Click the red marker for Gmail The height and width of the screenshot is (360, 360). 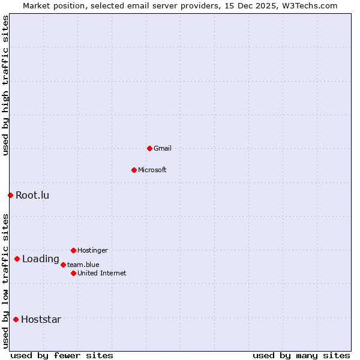click(149, 148)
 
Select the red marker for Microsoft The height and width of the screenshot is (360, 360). click(134, 170)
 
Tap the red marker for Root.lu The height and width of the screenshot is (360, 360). click(10, 195)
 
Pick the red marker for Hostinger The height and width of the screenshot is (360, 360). click(73, 250)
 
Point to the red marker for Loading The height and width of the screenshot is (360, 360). click(17, 259)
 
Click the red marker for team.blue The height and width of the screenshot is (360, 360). click(63, 265)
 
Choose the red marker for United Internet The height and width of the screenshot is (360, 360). click(73, 273)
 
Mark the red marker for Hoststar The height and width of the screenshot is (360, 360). click(16, 319)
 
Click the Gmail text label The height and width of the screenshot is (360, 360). click(163, 148)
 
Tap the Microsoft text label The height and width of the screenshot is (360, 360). click(152, 170)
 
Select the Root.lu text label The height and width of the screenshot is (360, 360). click(32, 195)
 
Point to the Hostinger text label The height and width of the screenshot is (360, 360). click(92, 250)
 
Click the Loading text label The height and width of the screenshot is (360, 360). click(41, 259)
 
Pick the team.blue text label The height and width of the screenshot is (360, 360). click(83, 265)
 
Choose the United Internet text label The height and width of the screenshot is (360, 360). click(102, 273)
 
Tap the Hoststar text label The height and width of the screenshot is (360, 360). click(41, 319)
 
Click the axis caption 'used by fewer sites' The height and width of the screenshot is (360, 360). click(62, 355)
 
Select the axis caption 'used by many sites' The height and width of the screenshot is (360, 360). click(301, 355)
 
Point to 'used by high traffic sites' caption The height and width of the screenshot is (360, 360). click(5, 85)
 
